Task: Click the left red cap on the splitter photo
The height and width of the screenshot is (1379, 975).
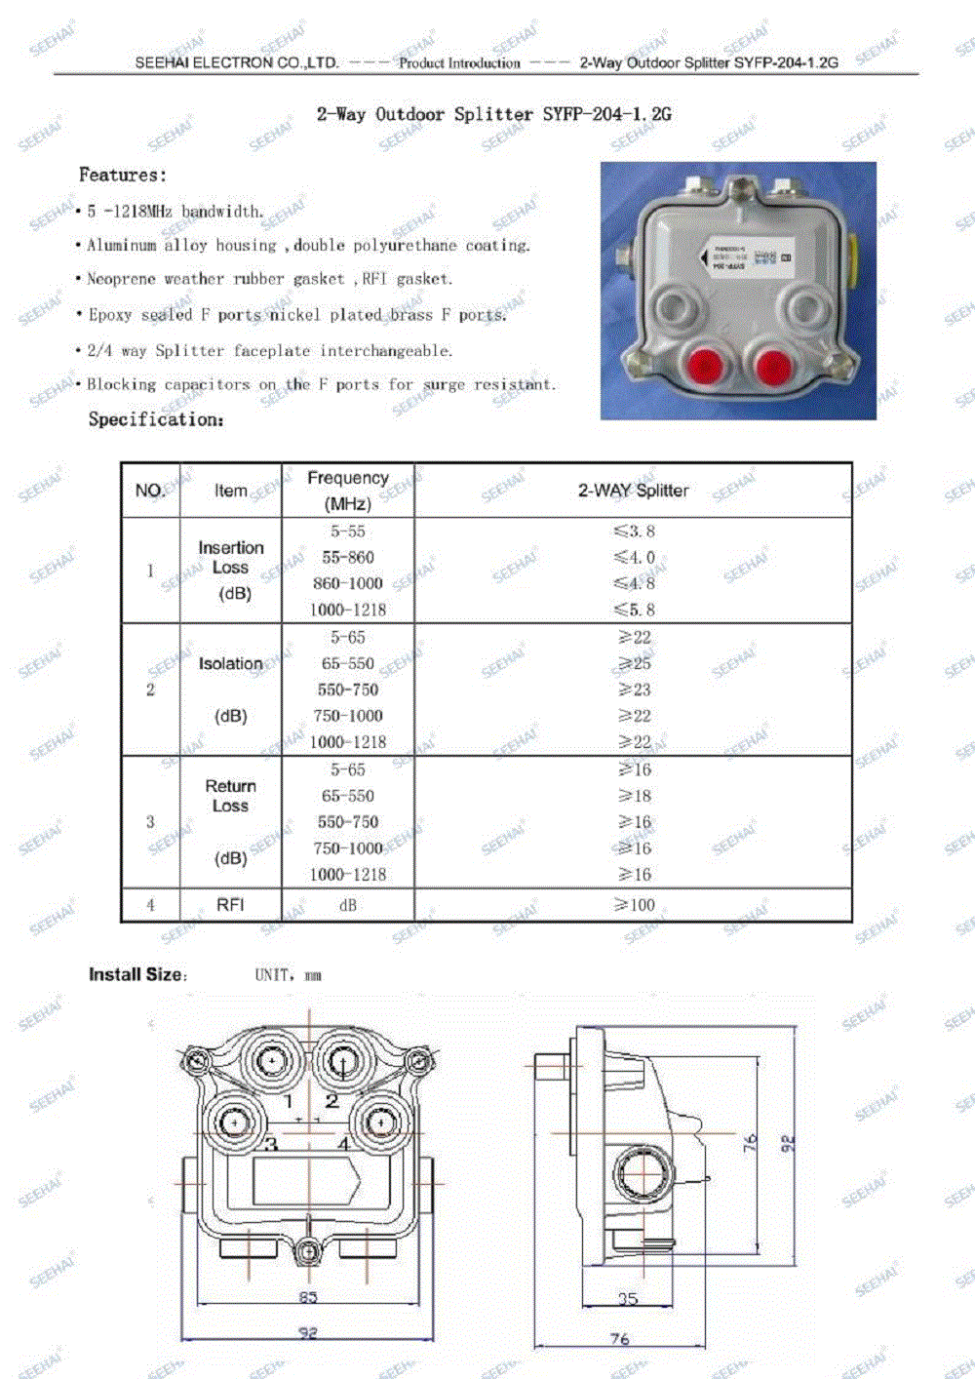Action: (703, 367)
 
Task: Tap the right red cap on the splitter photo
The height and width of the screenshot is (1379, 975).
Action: (773, 367)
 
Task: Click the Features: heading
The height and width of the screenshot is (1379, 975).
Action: (123, 176)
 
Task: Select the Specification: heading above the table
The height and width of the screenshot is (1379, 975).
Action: (156, 419)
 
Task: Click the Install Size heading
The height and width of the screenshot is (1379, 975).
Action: (136, 974)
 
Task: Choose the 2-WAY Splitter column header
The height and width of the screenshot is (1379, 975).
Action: (633, 491)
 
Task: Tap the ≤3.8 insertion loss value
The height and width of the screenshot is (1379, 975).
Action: (634, 532)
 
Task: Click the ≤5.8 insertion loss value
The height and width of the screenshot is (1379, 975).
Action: (634, 610)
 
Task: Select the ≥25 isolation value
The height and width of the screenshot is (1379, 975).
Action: (634, 663)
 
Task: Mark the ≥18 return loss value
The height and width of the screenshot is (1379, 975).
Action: (634, 796)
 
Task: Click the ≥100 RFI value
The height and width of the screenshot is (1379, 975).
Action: (634, 905)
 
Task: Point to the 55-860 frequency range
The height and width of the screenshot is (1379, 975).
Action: (348, 558)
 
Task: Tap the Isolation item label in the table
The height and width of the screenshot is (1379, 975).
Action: (231, 664)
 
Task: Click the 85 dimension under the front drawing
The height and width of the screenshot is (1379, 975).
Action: (308, 1297)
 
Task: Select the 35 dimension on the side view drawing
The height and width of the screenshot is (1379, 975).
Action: (628, 1298)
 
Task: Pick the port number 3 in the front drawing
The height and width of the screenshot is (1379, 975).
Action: (271, 1143)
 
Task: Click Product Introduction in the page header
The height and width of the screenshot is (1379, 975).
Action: (459, 63)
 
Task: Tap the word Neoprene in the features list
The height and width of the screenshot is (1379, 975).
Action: (121, 279)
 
